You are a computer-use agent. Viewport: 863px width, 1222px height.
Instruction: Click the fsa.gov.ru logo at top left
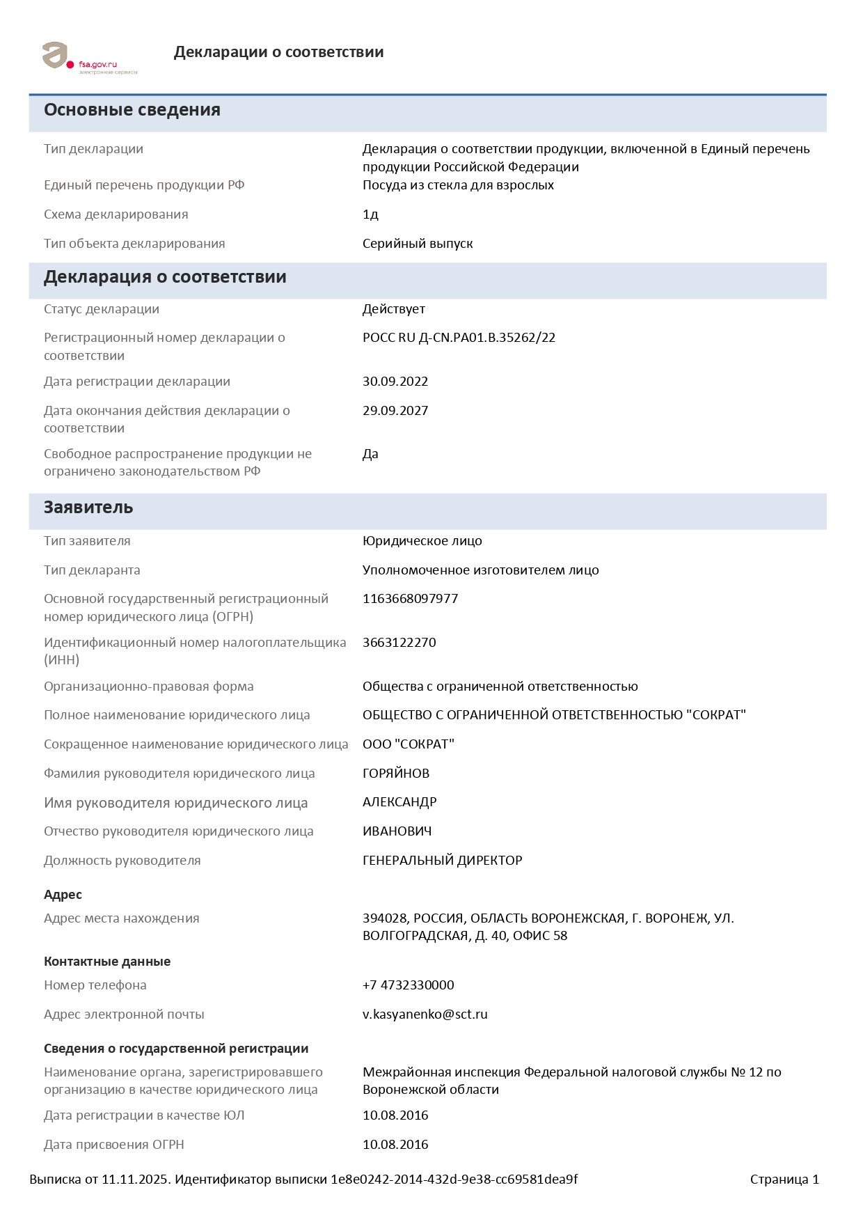click(88, 58)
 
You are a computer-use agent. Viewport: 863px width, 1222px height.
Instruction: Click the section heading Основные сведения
click(132, 110)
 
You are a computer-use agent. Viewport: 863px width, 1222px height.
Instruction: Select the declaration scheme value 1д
click(370, 214)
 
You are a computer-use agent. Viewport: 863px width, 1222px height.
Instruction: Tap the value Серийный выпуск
click(418, 244)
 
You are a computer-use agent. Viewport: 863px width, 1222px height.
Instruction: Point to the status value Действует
click(393, 309)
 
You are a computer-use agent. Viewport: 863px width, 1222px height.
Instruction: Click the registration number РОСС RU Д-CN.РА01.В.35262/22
click(459, 338)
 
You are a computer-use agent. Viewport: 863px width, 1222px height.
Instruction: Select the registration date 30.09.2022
click(395, 382)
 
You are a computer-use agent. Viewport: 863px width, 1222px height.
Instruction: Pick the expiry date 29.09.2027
click(395, 411)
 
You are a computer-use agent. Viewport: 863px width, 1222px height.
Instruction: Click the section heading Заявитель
click(88, 508)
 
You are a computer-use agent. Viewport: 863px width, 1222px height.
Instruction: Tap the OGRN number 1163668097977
click(410, 599)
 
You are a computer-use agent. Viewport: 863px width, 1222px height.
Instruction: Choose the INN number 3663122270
click(399, 643)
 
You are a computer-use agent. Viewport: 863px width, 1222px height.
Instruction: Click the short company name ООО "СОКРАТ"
click(408, 744)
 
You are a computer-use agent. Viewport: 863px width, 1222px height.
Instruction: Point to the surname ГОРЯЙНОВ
click(396, 774)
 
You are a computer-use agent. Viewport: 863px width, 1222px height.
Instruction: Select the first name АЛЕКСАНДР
click(399, 802)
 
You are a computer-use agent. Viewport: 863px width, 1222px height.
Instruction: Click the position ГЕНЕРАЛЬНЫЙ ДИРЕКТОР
click(442, 861)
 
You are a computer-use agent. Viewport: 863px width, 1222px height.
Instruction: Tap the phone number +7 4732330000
click(408, 985)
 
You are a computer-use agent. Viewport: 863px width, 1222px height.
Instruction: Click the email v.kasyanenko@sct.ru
click(425, 1015)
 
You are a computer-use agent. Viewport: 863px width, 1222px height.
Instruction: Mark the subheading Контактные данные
click(107, 962)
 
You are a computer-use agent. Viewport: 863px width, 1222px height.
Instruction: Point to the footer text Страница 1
click(784, 1180)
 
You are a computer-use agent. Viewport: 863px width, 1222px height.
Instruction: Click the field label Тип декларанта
click(92, 570)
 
